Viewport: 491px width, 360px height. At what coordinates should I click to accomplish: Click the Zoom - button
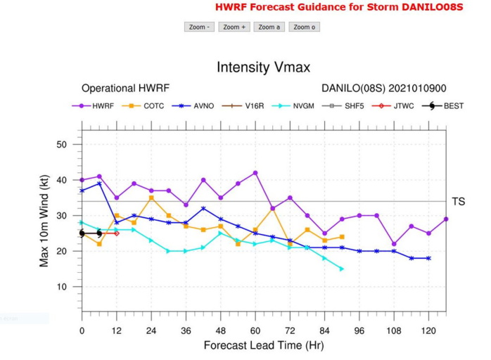[x=199, y=27]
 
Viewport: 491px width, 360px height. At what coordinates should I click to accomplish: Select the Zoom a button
[x=269, y=27]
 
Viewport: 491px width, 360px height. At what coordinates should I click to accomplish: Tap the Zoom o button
[x=304, y=27]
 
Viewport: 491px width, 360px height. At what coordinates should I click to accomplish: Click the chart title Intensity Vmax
[x=263, y=68]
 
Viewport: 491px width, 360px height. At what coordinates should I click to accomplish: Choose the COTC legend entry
[x=143, y=106]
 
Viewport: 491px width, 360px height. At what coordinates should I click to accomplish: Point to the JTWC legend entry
[x=393, y=106]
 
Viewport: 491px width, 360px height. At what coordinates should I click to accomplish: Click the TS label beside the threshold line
[x=458, y=202]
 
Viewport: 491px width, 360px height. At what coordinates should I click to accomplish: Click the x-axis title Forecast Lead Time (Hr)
[x=263, y=345]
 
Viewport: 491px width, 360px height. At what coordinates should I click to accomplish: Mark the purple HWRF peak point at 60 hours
[x=255, y=173]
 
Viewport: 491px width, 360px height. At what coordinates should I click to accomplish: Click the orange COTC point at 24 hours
[x=151, y=198]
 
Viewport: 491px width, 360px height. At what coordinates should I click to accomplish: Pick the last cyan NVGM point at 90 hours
[x=342, y=269]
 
